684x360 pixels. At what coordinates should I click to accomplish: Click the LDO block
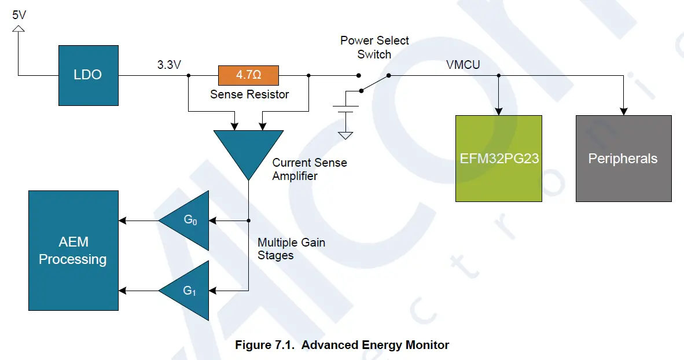pos(88,75)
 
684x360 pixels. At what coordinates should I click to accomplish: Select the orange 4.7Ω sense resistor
pos(248,75)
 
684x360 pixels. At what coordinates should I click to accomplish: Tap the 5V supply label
pos(19,14)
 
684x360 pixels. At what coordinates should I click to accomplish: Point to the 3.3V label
pos(170,65)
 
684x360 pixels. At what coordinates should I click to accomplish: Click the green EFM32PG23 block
pos(498,158)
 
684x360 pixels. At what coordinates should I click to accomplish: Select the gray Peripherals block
pos(623,158)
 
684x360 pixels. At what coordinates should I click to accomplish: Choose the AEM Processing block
pos(73,251)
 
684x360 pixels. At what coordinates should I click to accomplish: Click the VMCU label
pos(463,65)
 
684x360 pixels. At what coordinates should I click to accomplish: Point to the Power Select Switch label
pos(374,47)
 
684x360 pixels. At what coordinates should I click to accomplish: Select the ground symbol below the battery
pos(345,135)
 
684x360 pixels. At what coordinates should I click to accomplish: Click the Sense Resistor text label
pos(249,94)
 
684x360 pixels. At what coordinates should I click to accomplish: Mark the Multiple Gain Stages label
pos(291,249)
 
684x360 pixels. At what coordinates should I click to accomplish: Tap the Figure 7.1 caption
pos(341,345)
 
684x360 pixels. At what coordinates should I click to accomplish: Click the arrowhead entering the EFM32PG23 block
pos(498,111)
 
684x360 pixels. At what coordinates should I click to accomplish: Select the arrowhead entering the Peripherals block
pos(623,111)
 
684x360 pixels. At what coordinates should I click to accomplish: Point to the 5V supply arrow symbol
pos(19,28)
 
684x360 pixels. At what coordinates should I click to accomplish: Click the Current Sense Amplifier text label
pos(310,169)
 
